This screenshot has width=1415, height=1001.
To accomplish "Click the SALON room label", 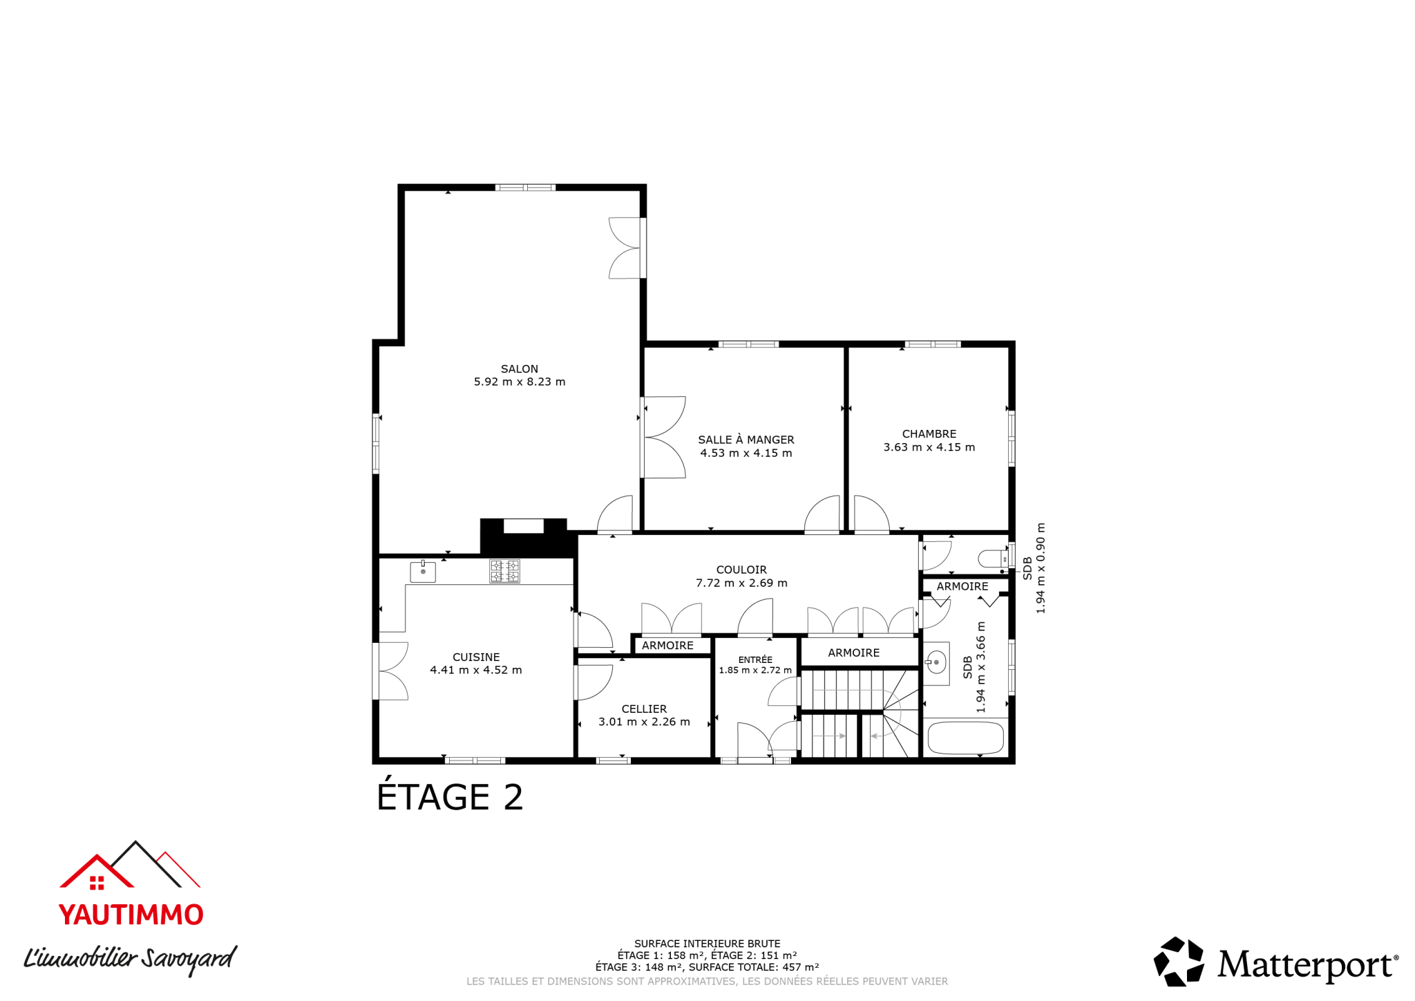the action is [520, 369].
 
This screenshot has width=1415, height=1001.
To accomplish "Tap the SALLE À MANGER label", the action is [746, 440].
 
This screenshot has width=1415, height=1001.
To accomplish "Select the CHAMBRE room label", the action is [929, 434].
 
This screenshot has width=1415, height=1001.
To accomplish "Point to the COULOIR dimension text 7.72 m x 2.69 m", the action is [741, 583].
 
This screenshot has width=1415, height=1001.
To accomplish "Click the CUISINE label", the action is [476, 657].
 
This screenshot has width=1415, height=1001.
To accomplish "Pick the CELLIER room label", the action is [644, 709].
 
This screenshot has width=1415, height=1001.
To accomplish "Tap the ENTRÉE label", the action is [755, 659].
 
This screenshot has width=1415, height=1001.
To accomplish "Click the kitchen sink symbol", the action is [423, 572].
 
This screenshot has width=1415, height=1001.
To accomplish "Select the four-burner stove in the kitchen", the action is [504, 571].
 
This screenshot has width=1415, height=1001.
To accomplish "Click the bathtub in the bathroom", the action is [965, 738].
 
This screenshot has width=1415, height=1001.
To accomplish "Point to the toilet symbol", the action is [994, 558].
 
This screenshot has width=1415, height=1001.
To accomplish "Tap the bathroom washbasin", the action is [936, 662].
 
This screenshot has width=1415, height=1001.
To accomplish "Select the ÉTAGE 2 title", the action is [450, 796].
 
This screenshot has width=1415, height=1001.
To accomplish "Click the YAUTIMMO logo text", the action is [131, 915].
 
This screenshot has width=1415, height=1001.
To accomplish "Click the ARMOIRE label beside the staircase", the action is [854, 653].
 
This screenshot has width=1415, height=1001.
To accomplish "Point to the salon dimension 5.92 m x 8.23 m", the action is [520, 382].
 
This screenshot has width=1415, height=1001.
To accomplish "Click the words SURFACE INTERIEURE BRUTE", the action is [707, 944].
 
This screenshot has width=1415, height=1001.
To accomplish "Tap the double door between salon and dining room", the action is [664, 437].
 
